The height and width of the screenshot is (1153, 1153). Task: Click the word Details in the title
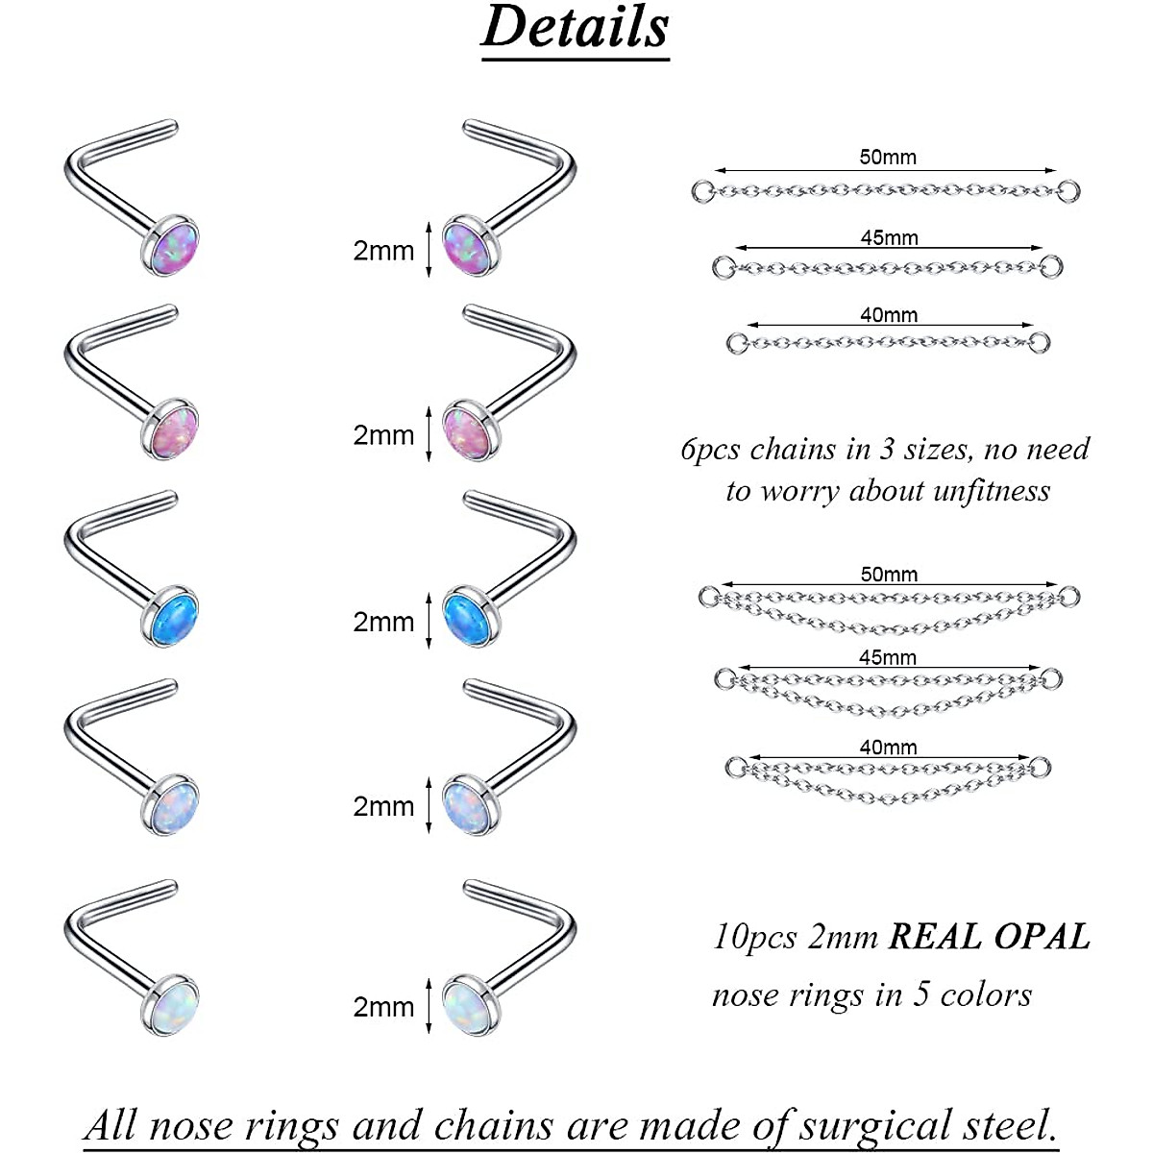pos(575,27)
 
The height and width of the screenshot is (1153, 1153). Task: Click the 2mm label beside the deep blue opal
pos(383,622)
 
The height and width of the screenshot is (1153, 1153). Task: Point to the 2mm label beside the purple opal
pos(383,251)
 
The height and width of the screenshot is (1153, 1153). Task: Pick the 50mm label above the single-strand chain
pos(888,158)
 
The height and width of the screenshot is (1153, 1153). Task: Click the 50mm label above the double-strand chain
pos(889,575)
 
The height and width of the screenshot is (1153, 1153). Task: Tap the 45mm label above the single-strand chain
pos(889,237)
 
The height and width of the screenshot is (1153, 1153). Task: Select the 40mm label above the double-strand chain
pos(888,747)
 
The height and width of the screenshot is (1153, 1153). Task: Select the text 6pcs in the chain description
pos(710,449)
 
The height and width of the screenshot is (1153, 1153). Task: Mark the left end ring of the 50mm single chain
pos(702,190)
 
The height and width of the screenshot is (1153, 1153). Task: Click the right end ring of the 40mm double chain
pos(1042,767)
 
